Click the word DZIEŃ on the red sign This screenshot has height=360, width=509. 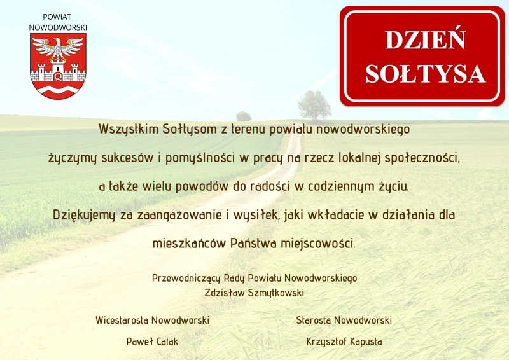click(x=425, y=39)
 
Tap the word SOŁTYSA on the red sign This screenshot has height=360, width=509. click(x=425, y=74)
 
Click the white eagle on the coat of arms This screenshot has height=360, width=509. click(x=58, y=49)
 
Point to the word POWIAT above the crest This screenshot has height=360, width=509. click(x=57, y=17)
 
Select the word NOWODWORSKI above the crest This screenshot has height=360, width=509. click(x=58, y=27)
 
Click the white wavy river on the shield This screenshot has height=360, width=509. click(x=58, y=88)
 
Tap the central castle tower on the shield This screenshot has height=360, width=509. click(x=58, y=70)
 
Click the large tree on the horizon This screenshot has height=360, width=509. click(x=314, y=105)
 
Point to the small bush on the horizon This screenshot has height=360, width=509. click(x=244, y=116)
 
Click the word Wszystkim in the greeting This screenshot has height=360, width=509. click(x=129, y=129)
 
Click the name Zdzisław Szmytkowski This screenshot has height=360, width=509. click(x=254, y=293)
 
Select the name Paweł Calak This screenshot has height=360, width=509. click(x=152, y=342)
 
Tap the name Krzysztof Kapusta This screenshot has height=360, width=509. click(x=344, y=342)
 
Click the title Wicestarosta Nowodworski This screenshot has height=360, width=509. click(x=152, y=321)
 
